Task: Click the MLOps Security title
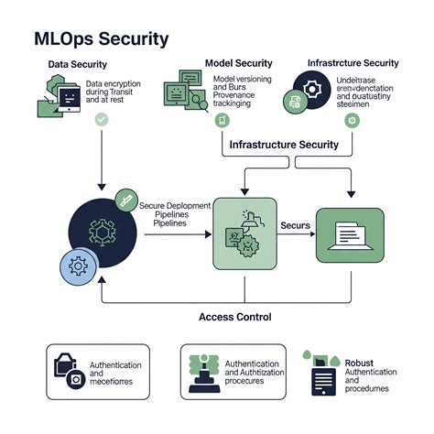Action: pos(101,38)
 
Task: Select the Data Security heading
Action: pos(78,64)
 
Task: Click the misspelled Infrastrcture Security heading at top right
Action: pos(353,63)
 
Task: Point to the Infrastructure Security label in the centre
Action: pos(284,145)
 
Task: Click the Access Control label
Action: pos(234,317)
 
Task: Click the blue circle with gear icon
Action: pos(79,266)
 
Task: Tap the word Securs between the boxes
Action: pos(296,224)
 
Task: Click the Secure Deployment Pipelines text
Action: pos(174,214)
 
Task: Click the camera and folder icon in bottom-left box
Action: pos(71,370)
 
